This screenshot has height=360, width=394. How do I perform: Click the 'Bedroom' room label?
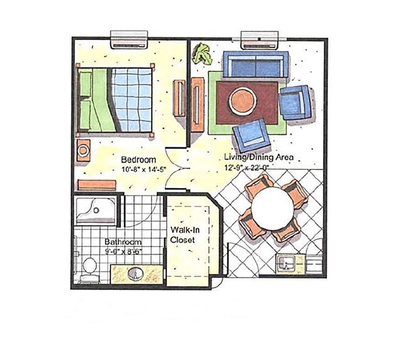point(138,160)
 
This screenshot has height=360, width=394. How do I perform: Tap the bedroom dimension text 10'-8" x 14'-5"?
point(144,169)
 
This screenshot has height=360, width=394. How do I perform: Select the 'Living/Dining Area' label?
point(259,157)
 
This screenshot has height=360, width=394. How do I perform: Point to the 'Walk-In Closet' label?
point(184,235)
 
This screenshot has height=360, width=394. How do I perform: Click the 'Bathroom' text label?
point(123,242)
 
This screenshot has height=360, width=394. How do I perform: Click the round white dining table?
point(273,209)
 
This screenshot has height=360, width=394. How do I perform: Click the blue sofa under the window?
point(256,64)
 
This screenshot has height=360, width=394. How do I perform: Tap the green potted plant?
point(202,55)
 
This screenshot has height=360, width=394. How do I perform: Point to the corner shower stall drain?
point(96,210)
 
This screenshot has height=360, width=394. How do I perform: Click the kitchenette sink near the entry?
point(286,264)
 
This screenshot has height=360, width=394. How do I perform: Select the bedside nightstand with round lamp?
point(83,151)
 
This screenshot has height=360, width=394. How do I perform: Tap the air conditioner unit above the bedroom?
point(129,40)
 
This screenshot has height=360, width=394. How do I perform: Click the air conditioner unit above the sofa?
point(260,40)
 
